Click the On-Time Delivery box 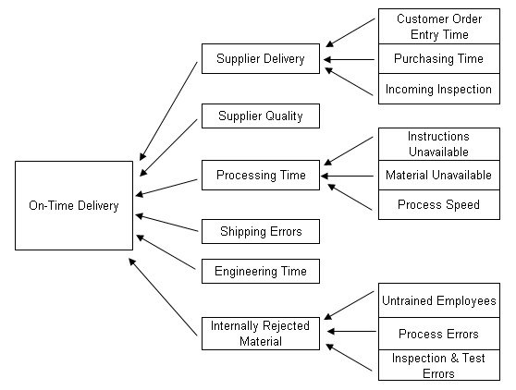pos(74,205)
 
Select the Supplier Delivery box pos(261,58)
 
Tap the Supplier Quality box pos(261,116)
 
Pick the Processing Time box pos(261,175)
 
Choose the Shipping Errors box pos(261,231)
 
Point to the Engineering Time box pos(261,272)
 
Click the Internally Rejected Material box pos(261,334)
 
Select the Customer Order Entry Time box pos(439,26)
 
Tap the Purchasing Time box pos(439,58)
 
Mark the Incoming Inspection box pos(439,89)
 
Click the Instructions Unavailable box pos(439,144)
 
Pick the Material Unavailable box pos(439,175)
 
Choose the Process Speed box pos(439,204)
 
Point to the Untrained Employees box pos(439,300)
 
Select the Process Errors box pos(439,334)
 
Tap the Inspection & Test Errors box pos(439,365)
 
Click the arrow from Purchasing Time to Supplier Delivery pos(349,59)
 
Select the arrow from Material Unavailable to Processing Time pos(347,176)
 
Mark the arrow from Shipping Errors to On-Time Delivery pos(166,223)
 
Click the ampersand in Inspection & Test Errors pos(454,358)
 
